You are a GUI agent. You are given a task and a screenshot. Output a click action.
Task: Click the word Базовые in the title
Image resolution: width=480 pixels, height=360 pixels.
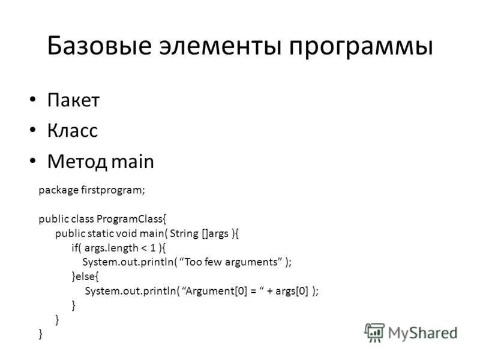[100, 46]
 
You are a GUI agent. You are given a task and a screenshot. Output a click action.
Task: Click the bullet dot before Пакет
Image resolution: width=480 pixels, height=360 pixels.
[32, 100]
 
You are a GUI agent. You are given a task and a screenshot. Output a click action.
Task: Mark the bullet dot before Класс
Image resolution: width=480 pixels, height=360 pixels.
[32, 131]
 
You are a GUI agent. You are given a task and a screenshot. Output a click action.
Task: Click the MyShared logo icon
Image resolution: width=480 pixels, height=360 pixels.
[374, 332]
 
